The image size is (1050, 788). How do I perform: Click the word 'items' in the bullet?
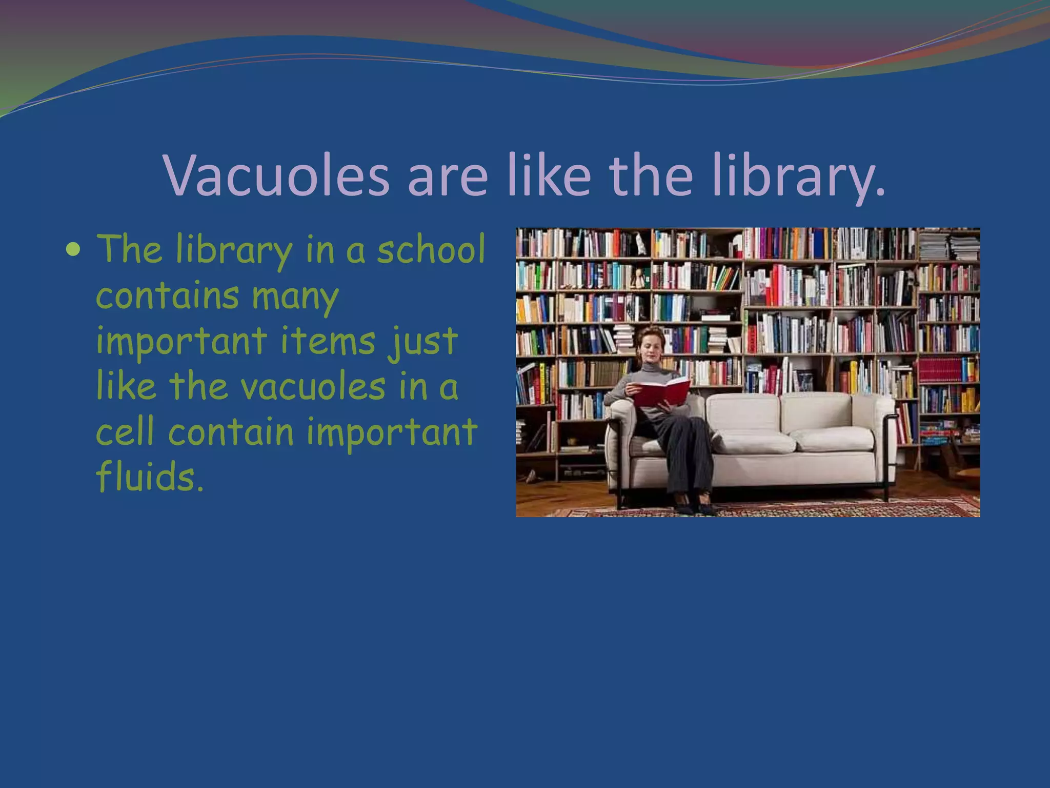tap(328, 341)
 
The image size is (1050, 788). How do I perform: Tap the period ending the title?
tap(880, 192)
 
